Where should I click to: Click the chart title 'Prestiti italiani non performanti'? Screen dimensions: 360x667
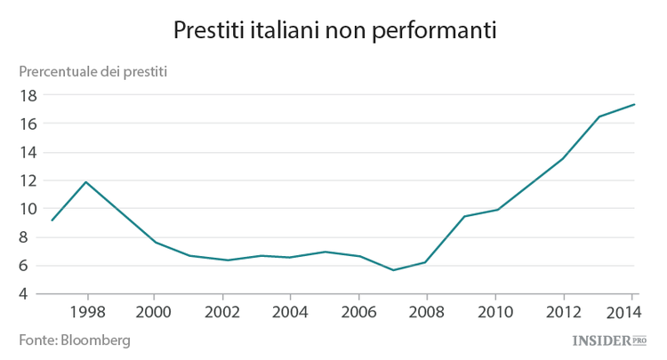(333, 29)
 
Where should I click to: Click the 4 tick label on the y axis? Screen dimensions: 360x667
(31, 294)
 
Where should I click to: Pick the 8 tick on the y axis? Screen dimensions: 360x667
(31, 237)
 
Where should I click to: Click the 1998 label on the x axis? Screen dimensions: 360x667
(86, 313)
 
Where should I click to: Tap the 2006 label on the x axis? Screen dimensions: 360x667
(358, 313)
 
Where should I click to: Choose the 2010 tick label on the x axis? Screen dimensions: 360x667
(494, 313)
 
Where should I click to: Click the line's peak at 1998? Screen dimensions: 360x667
(86, 182)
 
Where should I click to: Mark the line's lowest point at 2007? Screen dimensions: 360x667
(392, 270)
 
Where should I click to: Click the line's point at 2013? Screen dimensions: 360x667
(598, 116)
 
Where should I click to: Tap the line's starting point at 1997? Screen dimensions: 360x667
(52, 220)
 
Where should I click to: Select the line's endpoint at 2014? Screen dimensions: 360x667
(634, 104)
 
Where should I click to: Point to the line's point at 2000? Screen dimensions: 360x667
(155, 243)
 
